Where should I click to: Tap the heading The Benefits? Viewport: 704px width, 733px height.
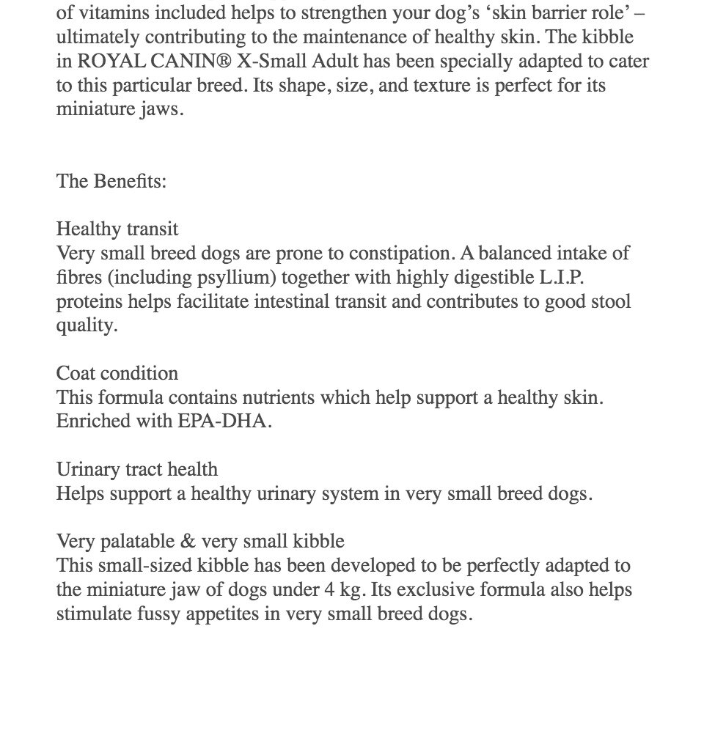(111, 181)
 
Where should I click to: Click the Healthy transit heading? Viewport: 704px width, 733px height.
(117, 229)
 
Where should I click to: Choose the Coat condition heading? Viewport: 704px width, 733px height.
(117, 373)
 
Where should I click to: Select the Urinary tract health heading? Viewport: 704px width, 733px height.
(137, 469)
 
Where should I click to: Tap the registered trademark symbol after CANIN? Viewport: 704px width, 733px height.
(221, 61)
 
